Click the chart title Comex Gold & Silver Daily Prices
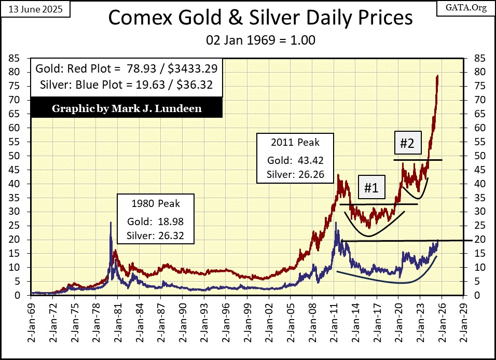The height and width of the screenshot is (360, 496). (x=260, y=19)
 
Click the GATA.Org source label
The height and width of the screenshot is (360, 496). (x=469, y=8)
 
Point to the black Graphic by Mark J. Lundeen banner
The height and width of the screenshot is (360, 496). (x=126, y=109)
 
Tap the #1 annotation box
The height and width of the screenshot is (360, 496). (x=370, y=188)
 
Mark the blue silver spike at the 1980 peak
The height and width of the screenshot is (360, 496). (x=111, y=223)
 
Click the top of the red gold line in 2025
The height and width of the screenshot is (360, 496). (x=437, y=76)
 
